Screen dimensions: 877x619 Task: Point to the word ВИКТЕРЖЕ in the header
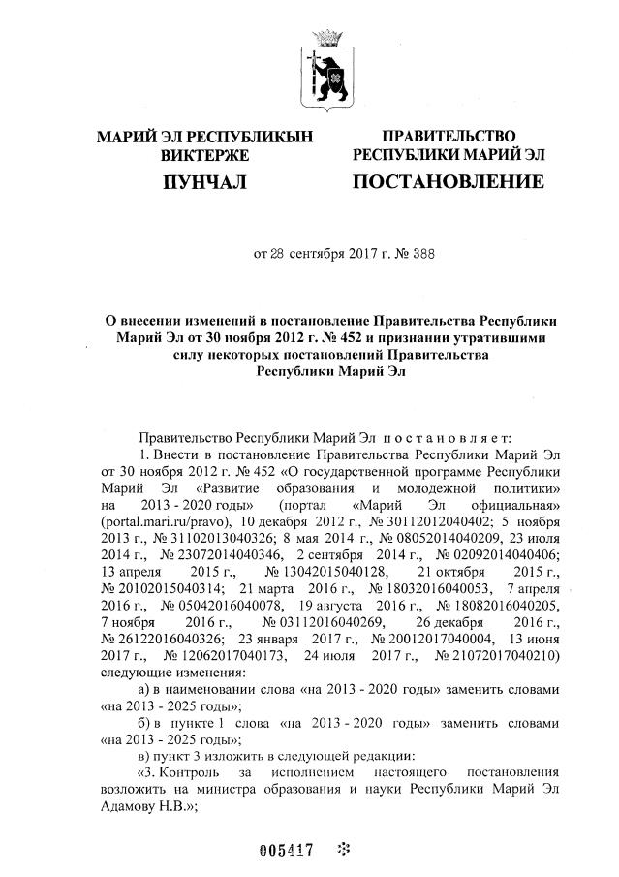[x=204, y=155]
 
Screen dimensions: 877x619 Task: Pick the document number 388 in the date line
[x=423, y=255]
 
